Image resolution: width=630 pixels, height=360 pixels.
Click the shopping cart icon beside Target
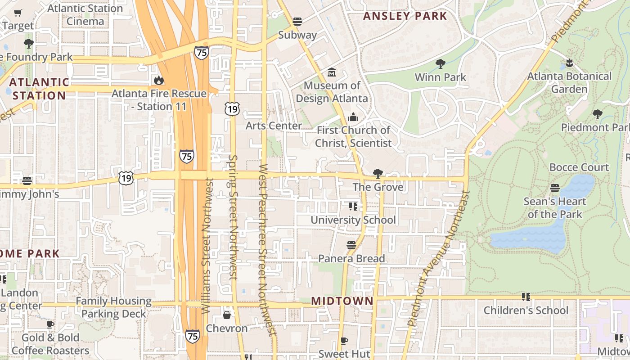18,13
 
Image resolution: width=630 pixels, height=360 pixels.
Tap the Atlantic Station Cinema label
85,15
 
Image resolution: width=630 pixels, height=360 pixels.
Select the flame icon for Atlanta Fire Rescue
158,81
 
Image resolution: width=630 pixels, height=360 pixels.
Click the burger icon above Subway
297,21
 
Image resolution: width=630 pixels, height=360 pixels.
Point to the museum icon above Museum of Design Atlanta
332,72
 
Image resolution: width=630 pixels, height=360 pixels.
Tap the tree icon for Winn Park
440,64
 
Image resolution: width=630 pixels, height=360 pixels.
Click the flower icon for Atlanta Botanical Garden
570,63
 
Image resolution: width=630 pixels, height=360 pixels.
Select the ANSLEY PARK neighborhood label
405,16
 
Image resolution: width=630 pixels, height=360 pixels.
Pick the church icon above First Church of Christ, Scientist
353,117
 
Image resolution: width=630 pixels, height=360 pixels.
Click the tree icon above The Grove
378,174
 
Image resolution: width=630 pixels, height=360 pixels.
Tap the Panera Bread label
351,259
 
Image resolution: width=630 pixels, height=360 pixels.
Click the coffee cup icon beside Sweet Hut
344,341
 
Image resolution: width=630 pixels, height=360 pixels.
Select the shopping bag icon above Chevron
227,315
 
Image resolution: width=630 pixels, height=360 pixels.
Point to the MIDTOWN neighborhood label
342,301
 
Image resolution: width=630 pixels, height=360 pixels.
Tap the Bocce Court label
579,167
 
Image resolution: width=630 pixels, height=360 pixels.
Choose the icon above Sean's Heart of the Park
555,188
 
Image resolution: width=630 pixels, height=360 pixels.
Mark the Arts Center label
274,126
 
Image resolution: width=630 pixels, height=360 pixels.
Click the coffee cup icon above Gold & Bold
50,324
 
